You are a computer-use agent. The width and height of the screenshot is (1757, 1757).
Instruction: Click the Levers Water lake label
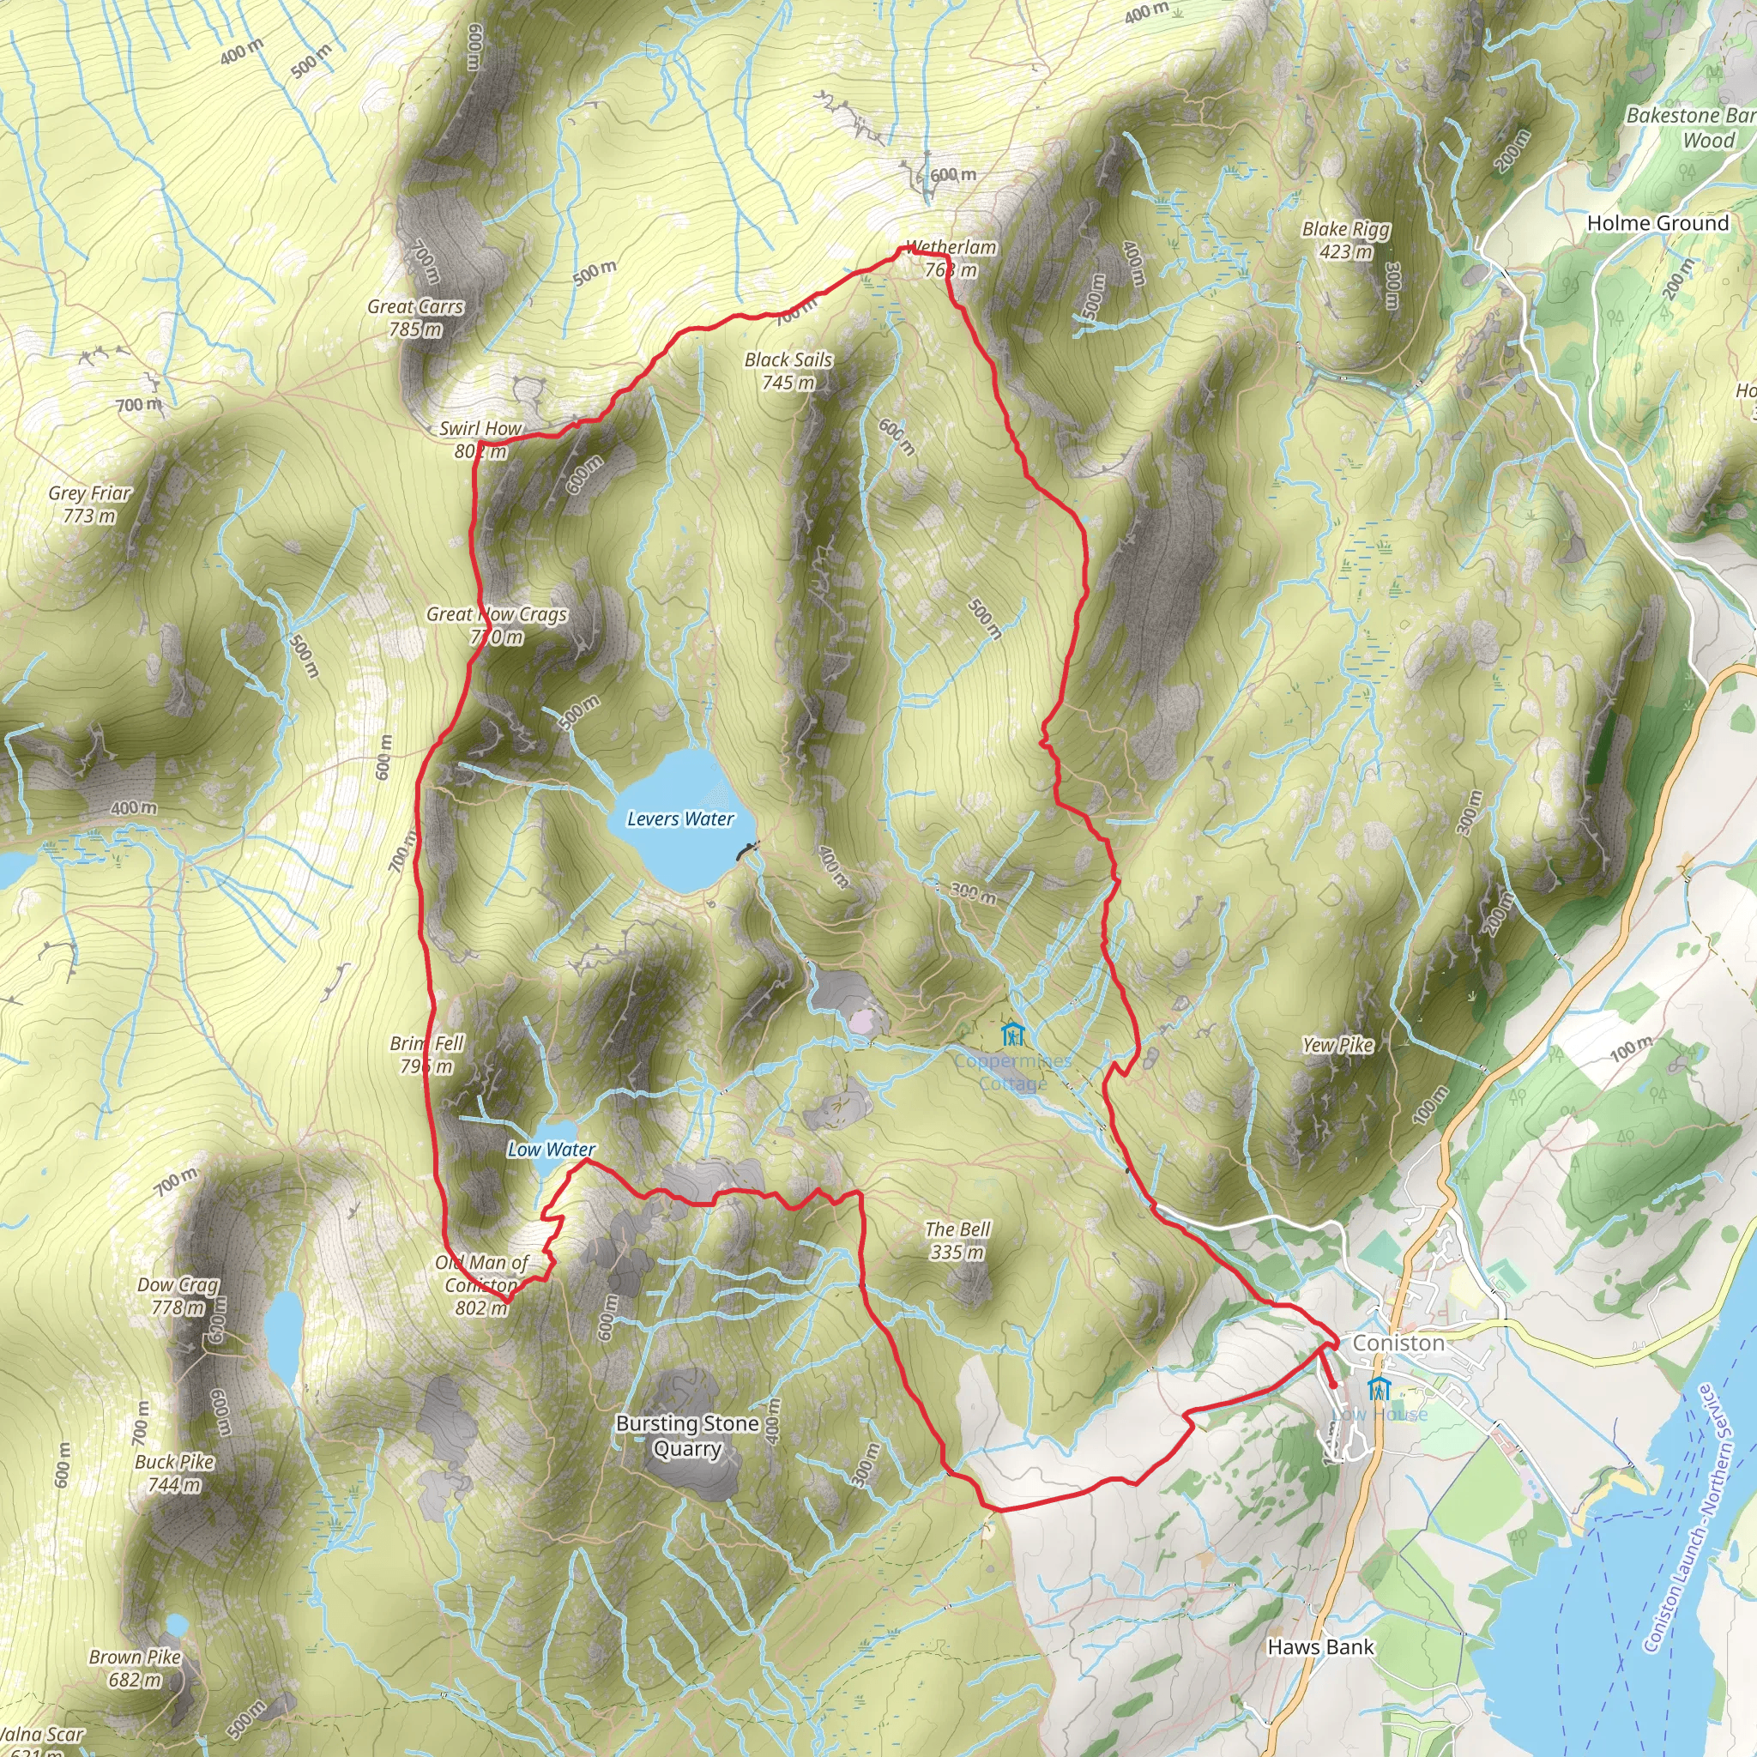[680, 819]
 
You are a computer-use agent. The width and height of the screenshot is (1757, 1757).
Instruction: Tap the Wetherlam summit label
[951, 257]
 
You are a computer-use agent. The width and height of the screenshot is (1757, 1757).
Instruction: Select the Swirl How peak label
[480, 439]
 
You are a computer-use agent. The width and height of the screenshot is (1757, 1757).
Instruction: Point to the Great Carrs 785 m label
[415, 317]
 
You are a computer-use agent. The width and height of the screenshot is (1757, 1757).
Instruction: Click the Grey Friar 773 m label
[90, 504]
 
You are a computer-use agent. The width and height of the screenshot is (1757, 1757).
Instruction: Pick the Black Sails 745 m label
[788, 371]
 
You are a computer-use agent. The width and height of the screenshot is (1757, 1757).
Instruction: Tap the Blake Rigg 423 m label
[1346, 240]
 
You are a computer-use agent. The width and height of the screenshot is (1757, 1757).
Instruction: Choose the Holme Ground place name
[1657, 224]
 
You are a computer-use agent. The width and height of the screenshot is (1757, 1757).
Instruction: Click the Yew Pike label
[1337, 1045]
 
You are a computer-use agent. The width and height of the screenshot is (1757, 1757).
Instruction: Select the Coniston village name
[1398, 1343]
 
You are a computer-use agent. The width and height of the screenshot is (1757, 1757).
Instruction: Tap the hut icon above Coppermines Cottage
[1012, 1034]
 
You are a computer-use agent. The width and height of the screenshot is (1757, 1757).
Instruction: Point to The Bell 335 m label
[957, 1241]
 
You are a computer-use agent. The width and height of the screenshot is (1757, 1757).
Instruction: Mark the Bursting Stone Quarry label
[687, 1435]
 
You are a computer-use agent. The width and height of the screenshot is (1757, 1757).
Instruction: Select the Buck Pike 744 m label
[175, 1473]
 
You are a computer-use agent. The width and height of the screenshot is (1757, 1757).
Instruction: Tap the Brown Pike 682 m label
[135, 1668]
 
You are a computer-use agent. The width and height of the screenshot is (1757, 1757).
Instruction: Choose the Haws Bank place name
[1320, 1647]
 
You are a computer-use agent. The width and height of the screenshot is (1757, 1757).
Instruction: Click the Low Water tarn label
[551, 1150]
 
